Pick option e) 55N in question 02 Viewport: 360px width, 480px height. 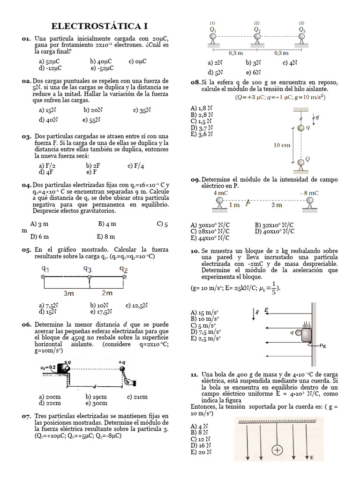point(91,120)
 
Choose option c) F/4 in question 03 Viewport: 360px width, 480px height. point(135,166)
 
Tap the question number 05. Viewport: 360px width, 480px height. point(26,250)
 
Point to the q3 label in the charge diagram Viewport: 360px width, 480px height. point(87,269)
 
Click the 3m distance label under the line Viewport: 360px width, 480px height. point(68,293)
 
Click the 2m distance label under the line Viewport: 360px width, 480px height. point(107,293)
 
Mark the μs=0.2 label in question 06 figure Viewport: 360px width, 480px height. point(49,367)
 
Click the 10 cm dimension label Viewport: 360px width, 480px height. point(282,145)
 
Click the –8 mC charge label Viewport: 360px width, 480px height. point(309,193)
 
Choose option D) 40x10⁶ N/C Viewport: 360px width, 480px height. point(275,231)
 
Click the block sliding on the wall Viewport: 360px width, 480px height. point(305,335)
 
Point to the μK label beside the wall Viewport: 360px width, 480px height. point(322,346)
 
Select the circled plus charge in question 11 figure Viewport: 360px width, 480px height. point(277,450)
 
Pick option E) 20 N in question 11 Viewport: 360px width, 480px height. point(201,452)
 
